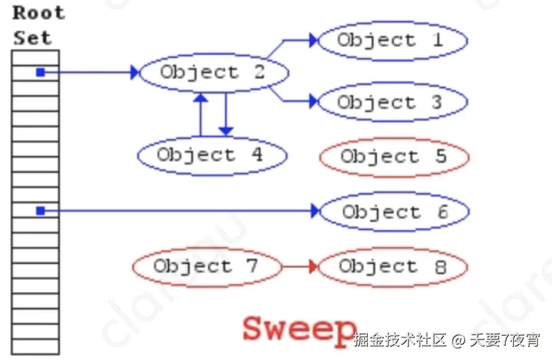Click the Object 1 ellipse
392,41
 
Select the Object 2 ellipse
213,72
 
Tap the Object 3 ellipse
392,102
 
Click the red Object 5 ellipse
393,156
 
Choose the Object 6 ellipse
394,212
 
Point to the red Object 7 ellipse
206,267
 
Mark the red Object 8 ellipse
393,267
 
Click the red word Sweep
298,328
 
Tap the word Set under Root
32,37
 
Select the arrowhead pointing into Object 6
315,212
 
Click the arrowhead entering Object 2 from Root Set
134,72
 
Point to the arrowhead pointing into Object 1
313,41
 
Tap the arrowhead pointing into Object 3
313,101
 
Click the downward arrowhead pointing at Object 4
226,131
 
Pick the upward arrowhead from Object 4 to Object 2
200,97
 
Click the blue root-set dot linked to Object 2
41,72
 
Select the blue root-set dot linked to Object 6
41,211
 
